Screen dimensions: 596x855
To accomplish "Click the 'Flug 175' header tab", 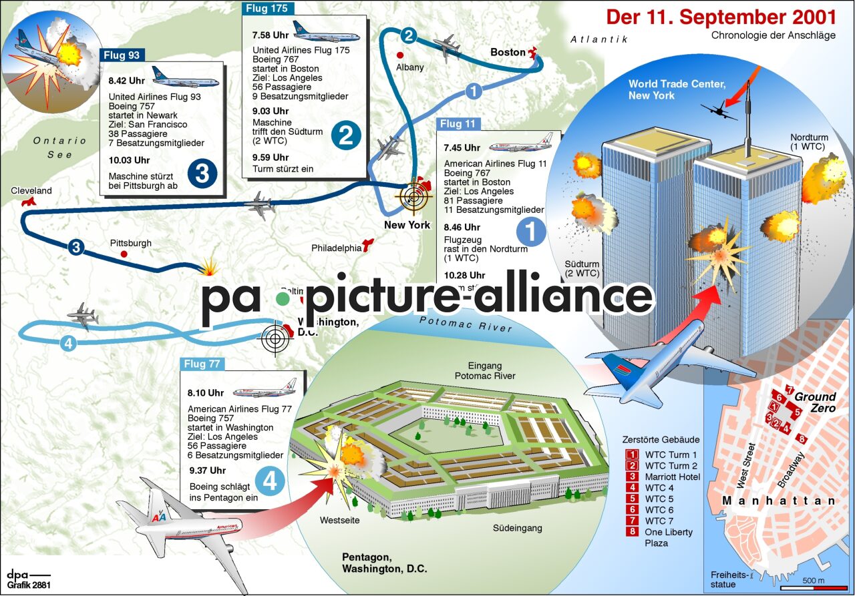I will pyautogui.click(x=267, y=9).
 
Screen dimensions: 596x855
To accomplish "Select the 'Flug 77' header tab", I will pyautogui.click(x=203, y=364).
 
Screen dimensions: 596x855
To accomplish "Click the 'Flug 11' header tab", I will pyautogui.click(x=458, y=123).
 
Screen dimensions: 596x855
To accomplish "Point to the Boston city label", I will pyautogui.click(x=508, y=52).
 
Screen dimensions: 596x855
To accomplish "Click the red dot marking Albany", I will pyautogui.click(x=400, y=55).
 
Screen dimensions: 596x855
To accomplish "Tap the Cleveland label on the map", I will pyautogui.click(x=31, y=191).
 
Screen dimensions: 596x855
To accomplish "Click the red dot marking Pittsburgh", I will pyautogui.click(x=124, y=254).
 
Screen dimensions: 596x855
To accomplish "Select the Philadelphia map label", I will pyautogui.click(x=336, y=248).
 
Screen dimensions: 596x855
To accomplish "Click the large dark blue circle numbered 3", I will pyautogui.click(x=202, y=174).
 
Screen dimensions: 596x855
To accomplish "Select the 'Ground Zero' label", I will pyautogui.click(x=815, y=402).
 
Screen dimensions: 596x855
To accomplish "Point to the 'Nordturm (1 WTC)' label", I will pyautogui.click(x=809, y=141).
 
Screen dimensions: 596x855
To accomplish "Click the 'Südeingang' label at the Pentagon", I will pyautogui.click(x=518, y=529).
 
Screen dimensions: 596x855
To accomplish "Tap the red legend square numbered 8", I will pyautogui.click(x=631, y=532).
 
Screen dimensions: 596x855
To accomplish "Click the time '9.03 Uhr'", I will pyautogui.click(x=271, y=111).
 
